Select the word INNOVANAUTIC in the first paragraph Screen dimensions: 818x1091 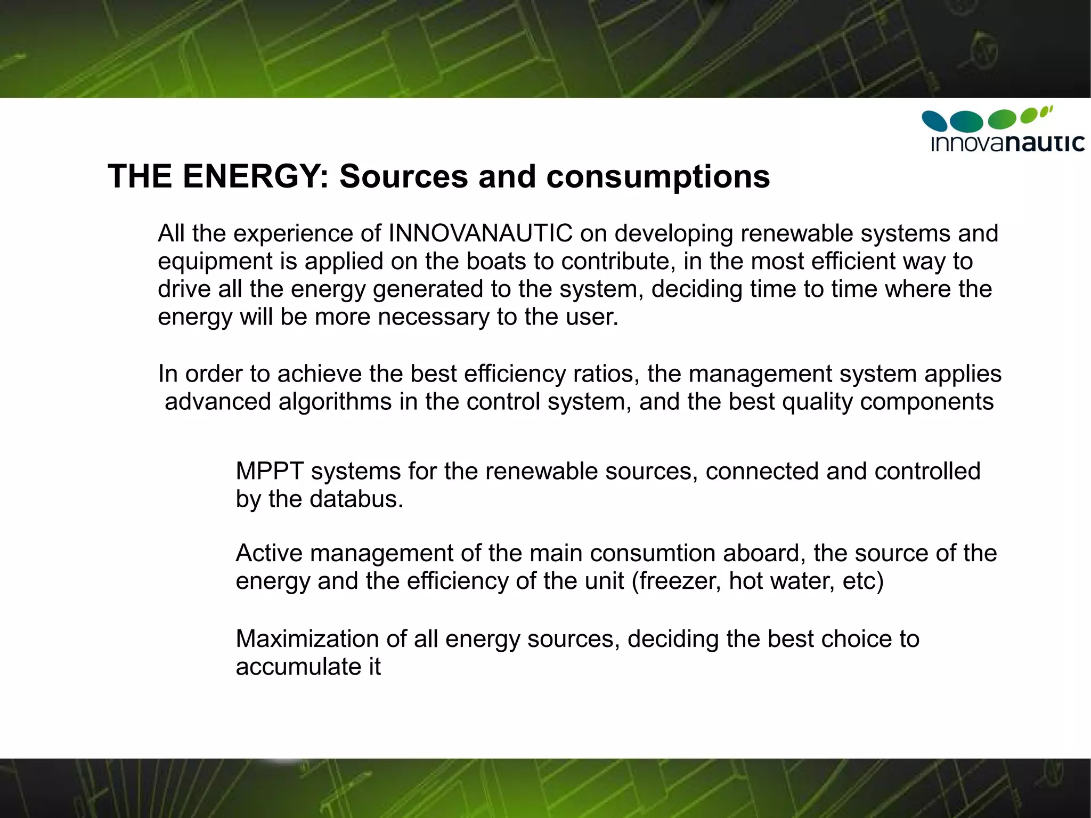tap(481, 233)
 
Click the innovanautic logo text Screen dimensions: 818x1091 tap(1007, 143)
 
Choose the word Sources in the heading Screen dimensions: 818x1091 tap(403, 176)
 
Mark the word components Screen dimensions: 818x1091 tap(926, 402)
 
